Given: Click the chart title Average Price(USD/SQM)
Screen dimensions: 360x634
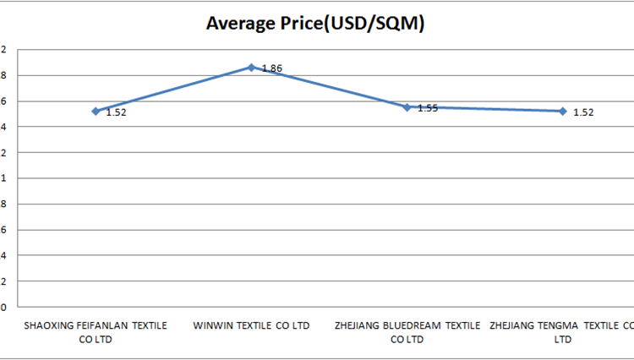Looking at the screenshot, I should tap(315, 24).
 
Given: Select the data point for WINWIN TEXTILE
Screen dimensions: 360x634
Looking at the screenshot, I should tap(251, 67).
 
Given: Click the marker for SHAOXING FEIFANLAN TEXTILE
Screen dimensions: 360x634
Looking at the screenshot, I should tap(96, 111).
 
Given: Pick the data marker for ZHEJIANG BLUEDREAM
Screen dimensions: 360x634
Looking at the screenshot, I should tap(407, 107).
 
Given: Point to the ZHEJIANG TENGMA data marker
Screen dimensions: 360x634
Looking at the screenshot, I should tap(562, 111).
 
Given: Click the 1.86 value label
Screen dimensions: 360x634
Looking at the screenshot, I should tap(271, 68).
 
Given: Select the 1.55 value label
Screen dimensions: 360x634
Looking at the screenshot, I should tap(427, 108).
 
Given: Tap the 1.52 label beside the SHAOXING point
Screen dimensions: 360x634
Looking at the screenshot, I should tap(116, 112).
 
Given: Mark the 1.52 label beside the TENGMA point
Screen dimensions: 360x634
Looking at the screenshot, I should tap(583, 112).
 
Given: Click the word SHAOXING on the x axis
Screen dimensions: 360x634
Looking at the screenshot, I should tap(49, 325).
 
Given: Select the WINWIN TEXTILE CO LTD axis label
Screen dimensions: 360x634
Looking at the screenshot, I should tap(251, 325).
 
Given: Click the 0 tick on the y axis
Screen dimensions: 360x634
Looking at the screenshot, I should tap(3, 307).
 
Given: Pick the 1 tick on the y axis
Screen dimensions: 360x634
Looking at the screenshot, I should tap(3, 178).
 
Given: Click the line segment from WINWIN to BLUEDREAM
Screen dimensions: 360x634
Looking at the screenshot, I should tap(329, 87).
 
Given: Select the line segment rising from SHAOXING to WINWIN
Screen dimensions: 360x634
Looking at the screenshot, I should tap(173, 89).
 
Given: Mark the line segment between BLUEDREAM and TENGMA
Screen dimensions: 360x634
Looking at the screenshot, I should tap(484, 109).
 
